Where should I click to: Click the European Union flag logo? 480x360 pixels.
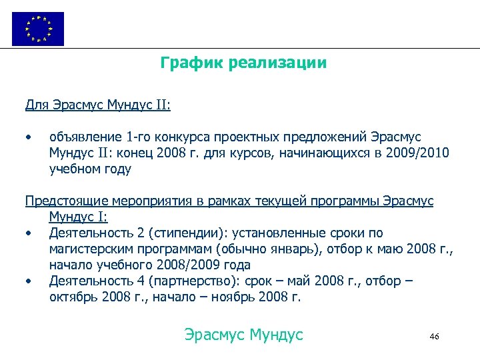point(38,29)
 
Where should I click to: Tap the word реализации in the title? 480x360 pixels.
point(277,63)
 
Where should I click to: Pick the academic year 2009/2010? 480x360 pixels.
point(421,153)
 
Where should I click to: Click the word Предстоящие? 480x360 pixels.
point(62,201)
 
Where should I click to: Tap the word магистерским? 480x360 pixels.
point(88,249)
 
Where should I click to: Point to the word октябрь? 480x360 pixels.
point(73,297)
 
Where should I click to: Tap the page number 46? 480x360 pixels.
point(435,336)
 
